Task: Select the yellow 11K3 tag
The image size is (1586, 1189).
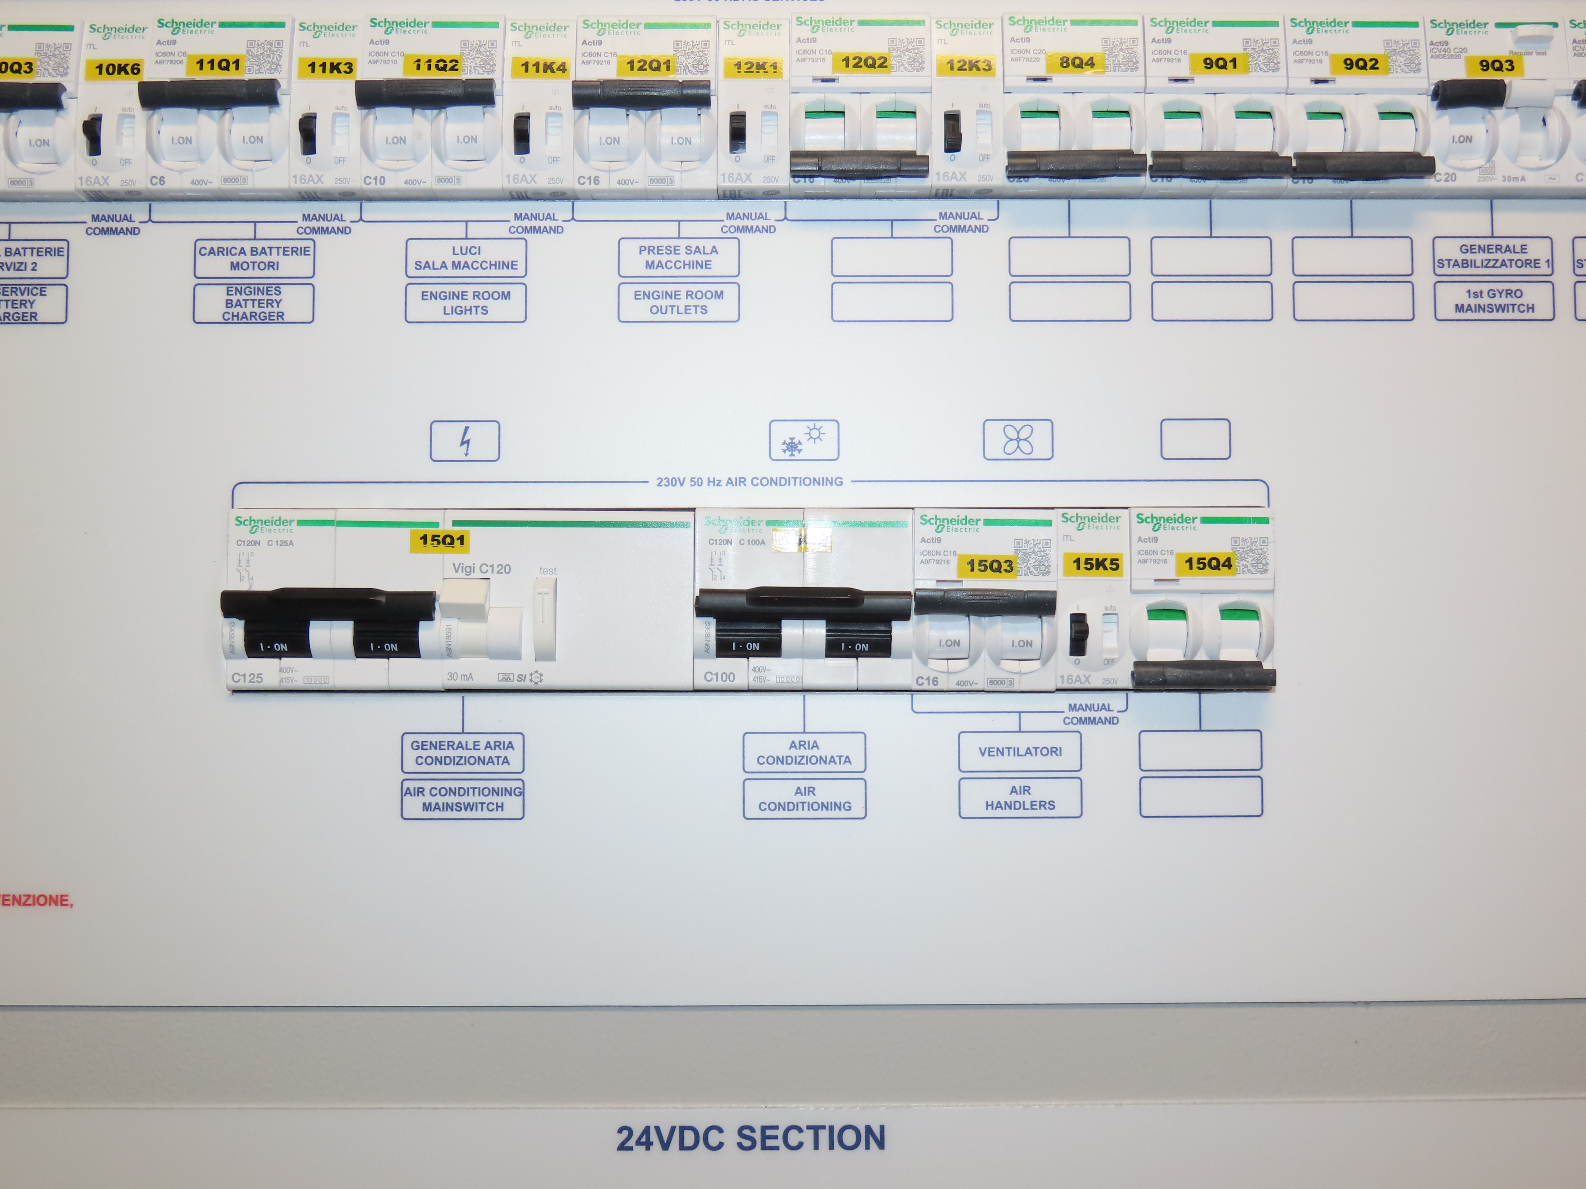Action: [x=330, y=68]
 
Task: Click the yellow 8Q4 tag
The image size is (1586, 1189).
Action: [x=1077, y=63]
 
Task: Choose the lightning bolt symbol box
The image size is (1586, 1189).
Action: [x=465, y=441]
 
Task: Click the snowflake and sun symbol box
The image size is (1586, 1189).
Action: [x=804, y=440]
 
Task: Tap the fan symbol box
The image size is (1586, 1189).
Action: [x=1018, y=439]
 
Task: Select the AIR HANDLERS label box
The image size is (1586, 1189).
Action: [x=1020, y=798]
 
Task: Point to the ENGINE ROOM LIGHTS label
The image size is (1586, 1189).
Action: [x=465, y=302]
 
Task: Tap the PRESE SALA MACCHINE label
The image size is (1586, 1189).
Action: [x=678, y=257]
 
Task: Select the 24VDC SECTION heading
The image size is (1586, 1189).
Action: [x=751, y=1138]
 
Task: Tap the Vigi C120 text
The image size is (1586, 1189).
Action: [x=481, y=569]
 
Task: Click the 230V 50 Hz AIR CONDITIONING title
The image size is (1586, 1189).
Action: [x=749, y=482]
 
